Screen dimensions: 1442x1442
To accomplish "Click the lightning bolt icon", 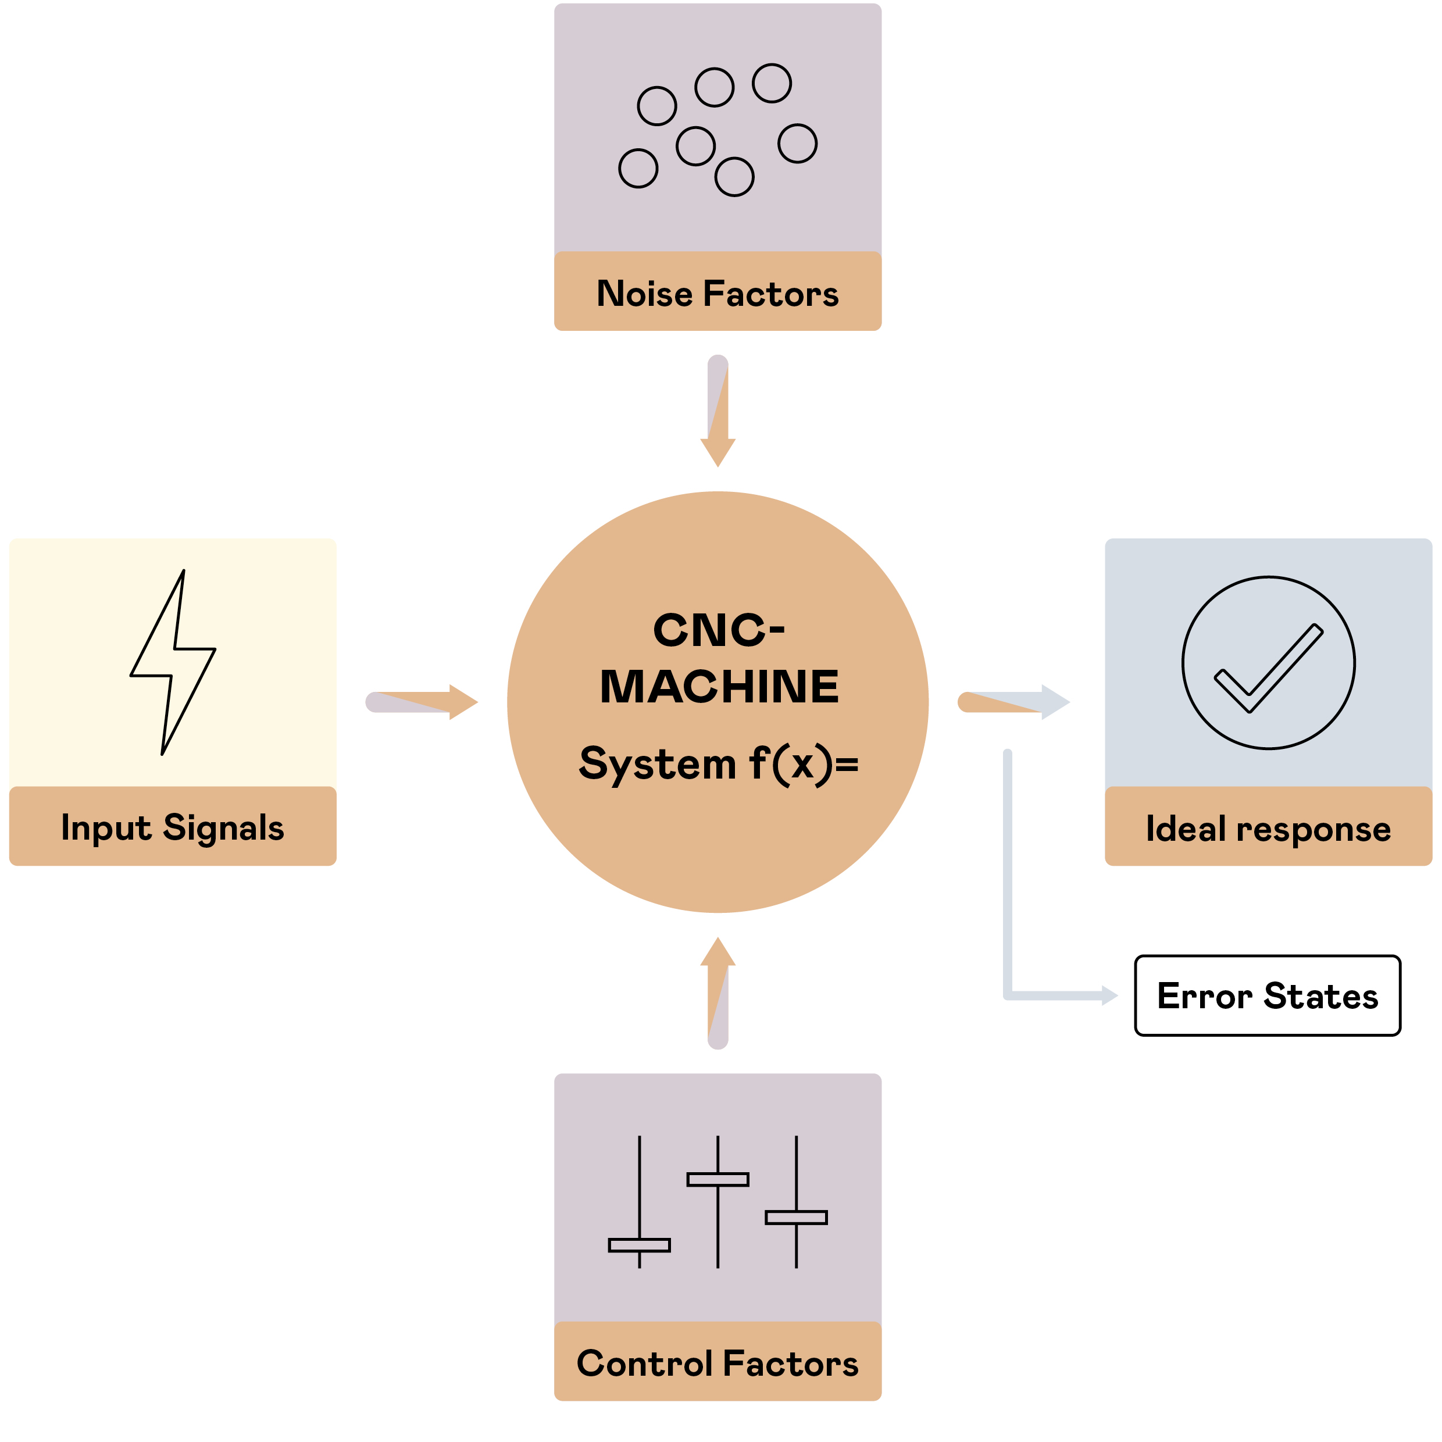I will [x=173, y=663].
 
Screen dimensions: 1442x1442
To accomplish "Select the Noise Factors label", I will [x=718, y=293].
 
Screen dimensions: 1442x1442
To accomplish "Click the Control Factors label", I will [x=718, y=1363].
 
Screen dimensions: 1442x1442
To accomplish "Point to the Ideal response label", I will [x=1268, y=829].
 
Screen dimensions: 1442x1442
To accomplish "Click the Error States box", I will [x=1268, y=995].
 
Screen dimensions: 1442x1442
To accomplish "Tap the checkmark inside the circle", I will [x=1268, y=666].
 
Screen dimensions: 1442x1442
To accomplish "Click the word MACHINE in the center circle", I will [x=719, y=687].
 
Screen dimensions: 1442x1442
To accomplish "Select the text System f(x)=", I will [x=719, y=763].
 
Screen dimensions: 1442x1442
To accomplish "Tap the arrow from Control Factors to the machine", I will [x=718, y=993].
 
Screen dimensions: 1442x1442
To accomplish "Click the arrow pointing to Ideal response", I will [x=1015, y=702].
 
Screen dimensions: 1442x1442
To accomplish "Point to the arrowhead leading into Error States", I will [x=1109, y=995].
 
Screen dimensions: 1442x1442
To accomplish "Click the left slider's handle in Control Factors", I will [x=639, y=1245].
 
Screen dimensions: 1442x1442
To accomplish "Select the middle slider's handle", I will [x=718, y=1179].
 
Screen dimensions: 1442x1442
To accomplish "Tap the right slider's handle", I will [x=795, y=1218].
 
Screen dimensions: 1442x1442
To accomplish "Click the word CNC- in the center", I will [x=719, y=630].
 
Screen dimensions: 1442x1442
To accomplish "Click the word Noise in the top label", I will [x=645, y=293].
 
